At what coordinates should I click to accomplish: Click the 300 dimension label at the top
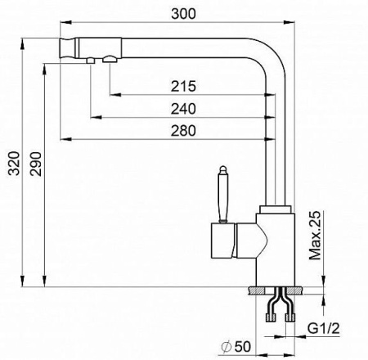[183, 14]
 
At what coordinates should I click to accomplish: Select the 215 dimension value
[183, 86]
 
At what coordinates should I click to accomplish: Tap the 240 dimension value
[183, 109]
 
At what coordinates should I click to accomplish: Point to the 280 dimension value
[183, 130]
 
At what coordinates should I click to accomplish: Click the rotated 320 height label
[14, 163]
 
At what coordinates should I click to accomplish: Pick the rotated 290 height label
[36, 164]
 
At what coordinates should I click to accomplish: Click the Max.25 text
[315, 235]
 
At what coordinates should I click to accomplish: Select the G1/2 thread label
[324, 328]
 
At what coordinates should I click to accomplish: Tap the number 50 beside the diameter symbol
[243, 347]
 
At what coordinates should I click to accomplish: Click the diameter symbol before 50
[227, 347]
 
